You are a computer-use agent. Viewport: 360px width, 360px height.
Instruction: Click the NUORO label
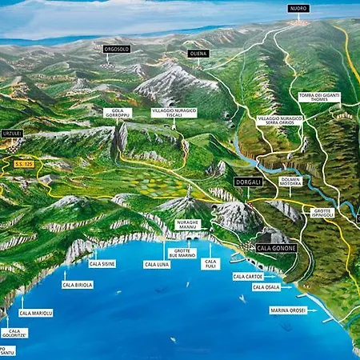click(298, 9)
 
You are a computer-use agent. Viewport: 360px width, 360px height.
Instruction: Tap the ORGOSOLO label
click(117, 49)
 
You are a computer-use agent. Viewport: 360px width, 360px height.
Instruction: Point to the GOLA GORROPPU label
click(118, 115)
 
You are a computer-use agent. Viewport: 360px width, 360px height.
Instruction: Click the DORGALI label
click(248, 182)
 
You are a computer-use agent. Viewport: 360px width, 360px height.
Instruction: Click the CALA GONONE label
click(276, 248)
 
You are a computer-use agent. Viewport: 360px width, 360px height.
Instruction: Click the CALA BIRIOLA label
click(78, 284)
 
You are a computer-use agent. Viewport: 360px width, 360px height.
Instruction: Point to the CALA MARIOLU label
click(36, 313)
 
